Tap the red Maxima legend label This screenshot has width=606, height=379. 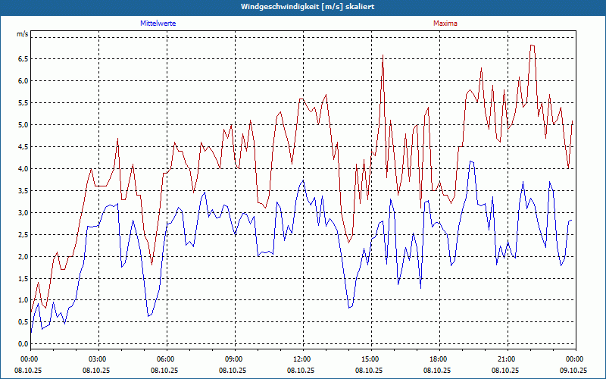click(445, 23)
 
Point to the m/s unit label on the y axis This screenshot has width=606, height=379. click(22, 35)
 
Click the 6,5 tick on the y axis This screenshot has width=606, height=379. click(22, 58)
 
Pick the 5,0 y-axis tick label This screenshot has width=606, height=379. click(22, 124)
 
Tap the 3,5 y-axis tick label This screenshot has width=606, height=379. click(22, 190)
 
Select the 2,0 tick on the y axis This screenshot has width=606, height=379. click(22, 256)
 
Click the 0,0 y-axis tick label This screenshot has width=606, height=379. click(22, 344)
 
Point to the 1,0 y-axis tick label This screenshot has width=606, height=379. click(22, 300)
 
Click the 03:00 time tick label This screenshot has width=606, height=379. click(98, 359)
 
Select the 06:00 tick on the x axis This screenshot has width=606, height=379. click(166, 359)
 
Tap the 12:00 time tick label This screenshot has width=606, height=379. click(301, 359)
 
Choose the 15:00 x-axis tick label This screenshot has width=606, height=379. click(370, 359)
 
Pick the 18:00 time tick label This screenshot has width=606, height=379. click(438, 359)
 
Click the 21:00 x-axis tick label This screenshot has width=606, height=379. click(506, 359)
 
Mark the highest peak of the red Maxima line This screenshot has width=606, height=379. click(532, 45)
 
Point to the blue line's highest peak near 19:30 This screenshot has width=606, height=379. click(471, 161)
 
